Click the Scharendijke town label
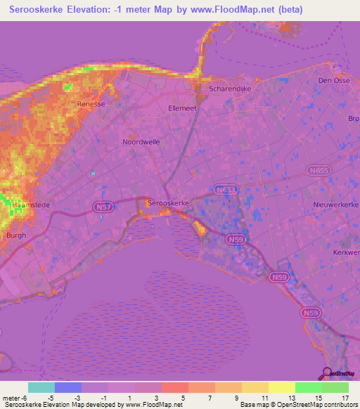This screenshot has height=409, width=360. click(x=230, y=89)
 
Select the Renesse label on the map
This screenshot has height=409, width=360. click(x=91, y=103)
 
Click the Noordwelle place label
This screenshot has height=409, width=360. click(x=141, y=141)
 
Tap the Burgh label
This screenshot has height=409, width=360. click(x=15, y=236)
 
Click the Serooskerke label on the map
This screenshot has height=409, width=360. click(x=168, y=202)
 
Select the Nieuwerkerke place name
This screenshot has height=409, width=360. click(x=336, y=204)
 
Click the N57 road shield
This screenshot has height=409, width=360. click(x=101, y=206)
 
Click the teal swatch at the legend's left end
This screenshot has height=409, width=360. click(x=41, y=387)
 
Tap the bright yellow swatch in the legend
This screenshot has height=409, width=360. click(x=282, y=387)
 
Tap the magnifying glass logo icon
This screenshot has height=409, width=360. click(x=326, y=373)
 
